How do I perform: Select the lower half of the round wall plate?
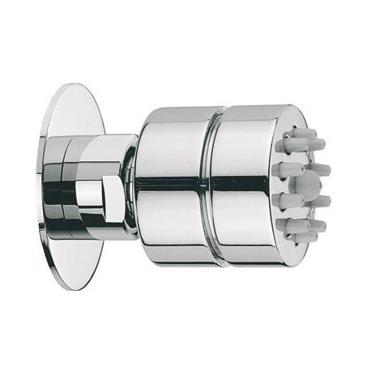point(77,259)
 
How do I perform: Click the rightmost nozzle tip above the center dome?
point(322,168)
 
